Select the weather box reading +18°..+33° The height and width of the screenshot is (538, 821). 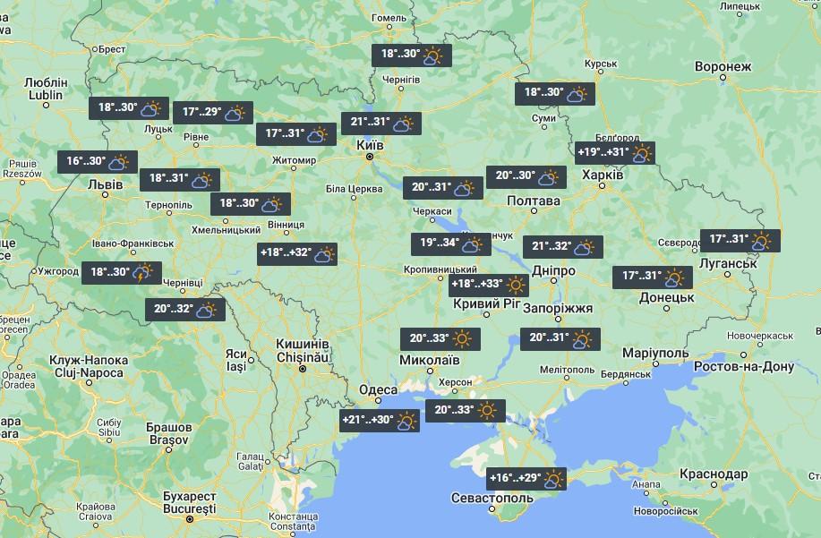pyautogui.click(x=488, y=286)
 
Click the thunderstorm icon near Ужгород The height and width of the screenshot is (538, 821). pyautogui.click(x=141, y=273)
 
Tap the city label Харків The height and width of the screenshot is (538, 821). pyautogui.click(x=603, y=175)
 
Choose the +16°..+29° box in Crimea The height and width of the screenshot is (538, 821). pyautogui.click(x=527, y=479)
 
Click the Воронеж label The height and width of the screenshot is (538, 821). pyautogui.click(x=723, y=67)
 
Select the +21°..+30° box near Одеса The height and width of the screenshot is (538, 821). pyautogui.click(x=380, y=420)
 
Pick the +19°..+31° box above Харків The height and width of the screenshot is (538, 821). pyautogui.click(x=615, y=153)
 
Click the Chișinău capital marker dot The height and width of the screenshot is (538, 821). pyautogui.click(x=303, y=369)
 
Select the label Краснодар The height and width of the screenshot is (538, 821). pyautogui.click(x=714, y=474)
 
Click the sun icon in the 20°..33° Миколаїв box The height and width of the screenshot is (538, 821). pyautogui.click(x=462, y=339)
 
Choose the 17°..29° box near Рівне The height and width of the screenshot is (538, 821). pyautogui.click(x=213, y=113)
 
